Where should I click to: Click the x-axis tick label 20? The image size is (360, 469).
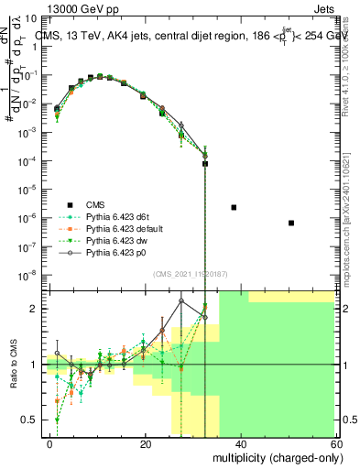(146, 443)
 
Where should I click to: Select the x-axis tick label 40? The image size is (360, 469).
(240, 443)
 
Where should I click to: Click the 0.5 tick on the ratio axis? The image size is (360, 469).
(31, 420)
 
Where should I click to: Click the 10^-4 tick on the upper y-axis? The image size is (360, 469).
(28, 161)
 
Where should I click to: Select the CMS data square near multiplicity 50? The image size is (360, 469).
(290, 223)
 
